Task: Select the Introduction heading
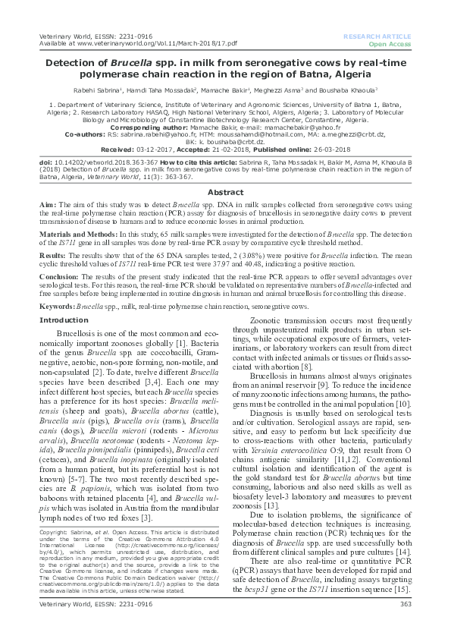pyautogui.click(x=64, y=320)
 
